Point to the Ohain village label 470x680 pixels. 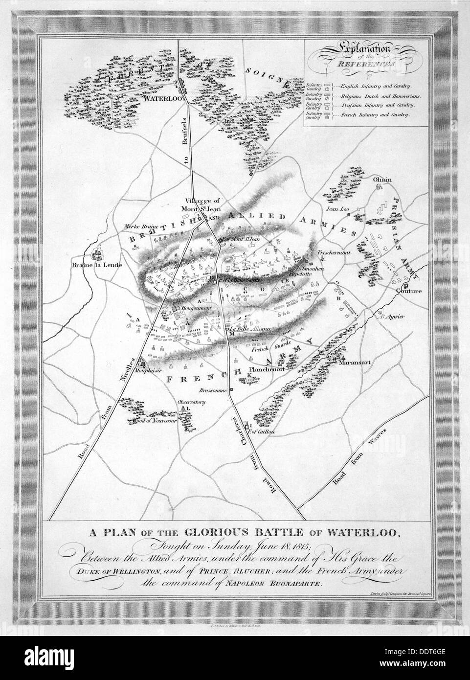tap(382, 180)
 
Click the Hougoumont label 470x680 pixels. tap(195, 309)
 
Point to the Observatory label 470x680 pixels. tap(190, 403)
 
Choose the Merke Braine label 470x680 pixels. tap(138, 227)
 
